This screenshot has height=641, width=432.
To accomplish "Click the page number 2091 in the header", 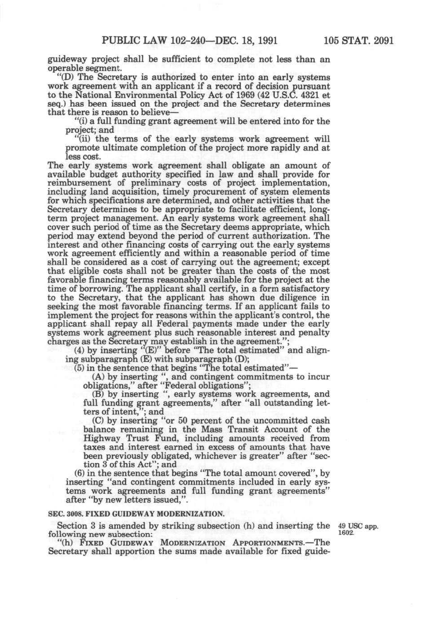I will click(380, 41).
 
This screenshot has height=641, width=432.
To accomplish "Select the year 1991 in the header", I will click(264, 41).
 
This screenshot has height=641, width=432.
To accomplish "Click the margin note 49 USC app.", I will click(358, 526).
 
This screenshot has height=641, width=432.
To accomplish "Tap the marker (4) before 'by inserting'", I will click(80, 351).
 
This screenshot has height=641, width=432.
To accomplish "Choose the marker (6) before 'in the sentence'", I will click(80, 474).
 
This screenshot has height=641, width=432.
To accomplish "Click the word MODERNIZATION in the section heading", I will click(193, 514).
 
